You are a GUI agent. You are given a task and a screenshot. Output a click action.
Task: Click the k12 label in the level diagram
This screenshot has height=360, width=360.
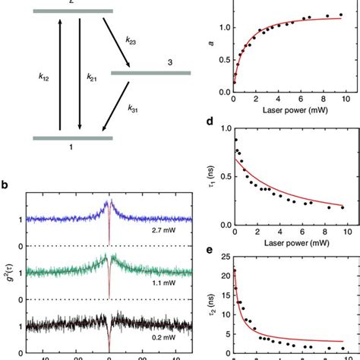pyautogui.click(x=43, y=77)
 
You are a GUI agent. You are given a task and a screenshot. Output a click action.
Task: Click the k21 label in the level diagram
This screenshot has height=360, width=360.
pyautogui.click(x=92, y=77)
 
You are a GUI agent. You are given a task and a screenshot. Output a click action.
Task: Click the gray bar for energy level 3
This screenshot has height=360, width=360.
pyautogui.click(x=151, y=73)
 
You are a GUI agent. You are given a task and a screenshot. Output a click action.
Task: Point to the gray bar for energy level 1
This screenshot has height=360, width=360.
pyautogui.click(x=72, y=137)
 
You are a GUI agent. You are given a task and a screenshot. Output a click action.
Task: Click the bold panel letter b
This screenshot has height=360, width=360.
pyautogui.click(x=5, y=185)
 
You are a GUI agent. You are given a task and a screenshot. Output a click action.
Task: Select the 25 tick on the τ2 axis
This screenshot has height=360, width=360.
pyautogui.click(x=224, y=257)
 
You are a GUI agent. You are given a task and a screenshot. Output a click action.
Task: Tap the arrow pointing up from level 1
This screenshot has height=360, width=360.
pyautogui.click(x=60, y=77)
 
